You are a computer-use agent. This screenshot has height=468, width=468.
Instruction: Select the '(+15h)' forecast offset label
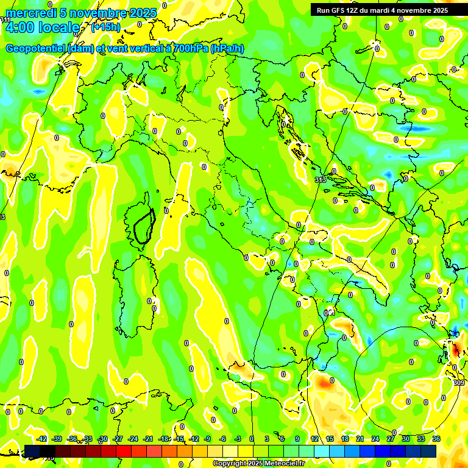(x=106, y=27)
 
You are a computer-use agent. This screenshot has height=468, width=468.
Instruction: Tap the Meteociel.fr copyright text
(x=258, y=464)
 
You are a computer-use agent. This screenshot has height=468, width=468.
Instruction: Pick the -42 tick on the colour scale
(x=42, y=439)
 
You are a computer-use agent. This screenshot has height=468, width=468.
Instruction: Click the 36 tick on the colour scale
(x=436, y=439)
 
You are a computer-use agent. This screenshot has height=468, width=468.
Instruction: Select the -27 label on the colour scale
(x=118, y=439)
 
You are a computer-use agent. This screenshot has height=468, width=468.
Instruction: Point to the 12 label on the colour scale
(x=314, y=439)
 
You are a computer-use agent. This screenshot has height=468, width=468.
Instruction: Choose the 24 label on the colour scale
(x=375, y=439)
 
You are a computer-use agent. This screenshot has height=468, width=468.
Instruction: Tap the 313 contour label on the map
(x=321, y=180)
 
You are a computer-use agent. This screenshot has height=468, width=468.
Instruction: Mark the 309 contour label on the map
(x=459, y=383)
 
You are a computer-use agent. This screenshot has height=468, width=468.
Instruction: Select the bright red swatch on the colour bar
(x=124, y=451)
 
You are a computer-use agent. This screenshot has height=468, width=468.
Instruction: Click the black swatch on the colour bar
(x=48, y=451)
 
